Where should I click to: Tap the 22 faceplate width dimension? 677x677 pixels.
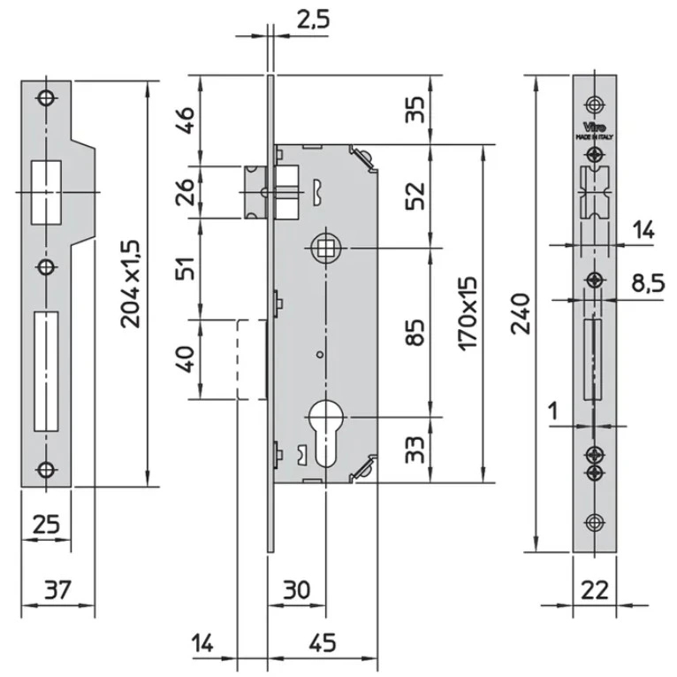(594, 588)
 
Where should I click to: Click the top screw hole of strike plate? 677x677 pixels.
(45, 98)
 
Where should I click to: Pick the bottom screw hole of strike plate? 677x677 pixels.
(45, 470)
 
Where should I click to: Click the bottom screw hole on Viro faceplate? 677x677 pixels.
(594, 521)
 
